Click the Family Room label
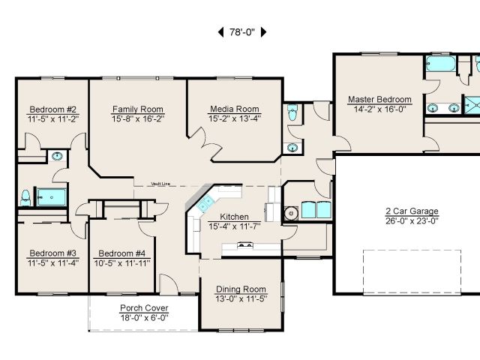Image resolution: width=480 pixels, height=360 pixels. point(138,109)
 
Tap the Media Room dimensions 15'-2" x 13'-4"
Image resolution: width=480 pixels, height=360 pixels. point(235,118)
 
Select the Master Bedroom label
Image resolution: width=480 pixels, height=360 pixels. point(379,100)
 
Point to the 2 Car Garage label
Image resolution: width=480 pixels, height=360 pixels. point(412,211)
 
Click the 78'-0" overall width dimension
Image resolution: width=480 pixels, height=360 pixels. point(241,31)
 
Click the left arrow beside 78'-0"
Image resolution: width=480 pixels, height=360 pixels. point(220,31)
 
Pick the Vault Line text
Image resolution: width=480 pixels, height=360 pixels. point(160,184)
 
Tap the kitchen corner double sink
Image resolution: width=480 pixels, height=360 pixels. point(205,202)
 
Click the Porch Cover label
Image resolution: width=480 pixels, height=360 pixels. point(144,308)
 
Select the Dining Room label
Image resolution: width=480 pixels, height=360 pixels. point(241,289)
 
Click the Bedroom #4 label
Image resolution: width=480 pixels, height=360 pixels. point(121,253)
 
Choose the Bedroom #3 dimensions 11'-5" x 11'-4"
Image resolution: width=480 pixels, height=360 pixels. point(53,262)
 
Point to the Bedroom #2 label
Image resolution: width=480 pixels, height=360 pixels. point(53,109)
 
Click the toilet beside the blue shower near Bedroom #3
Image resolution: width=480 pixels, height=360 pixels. point(25,198)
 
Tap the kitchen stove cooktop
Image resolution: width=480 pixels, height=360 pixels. point(245,244)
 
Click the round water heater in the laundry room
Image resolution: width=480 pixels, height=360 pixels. point(291,213)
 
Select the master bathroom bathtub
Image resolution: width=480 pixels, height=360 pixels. point(441,63)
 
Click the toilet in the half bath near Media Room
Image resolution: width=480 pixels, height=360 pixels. point(292,112)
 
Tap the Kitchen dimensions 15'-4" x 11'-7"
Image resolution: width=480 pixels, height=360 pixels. point(235,226)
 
